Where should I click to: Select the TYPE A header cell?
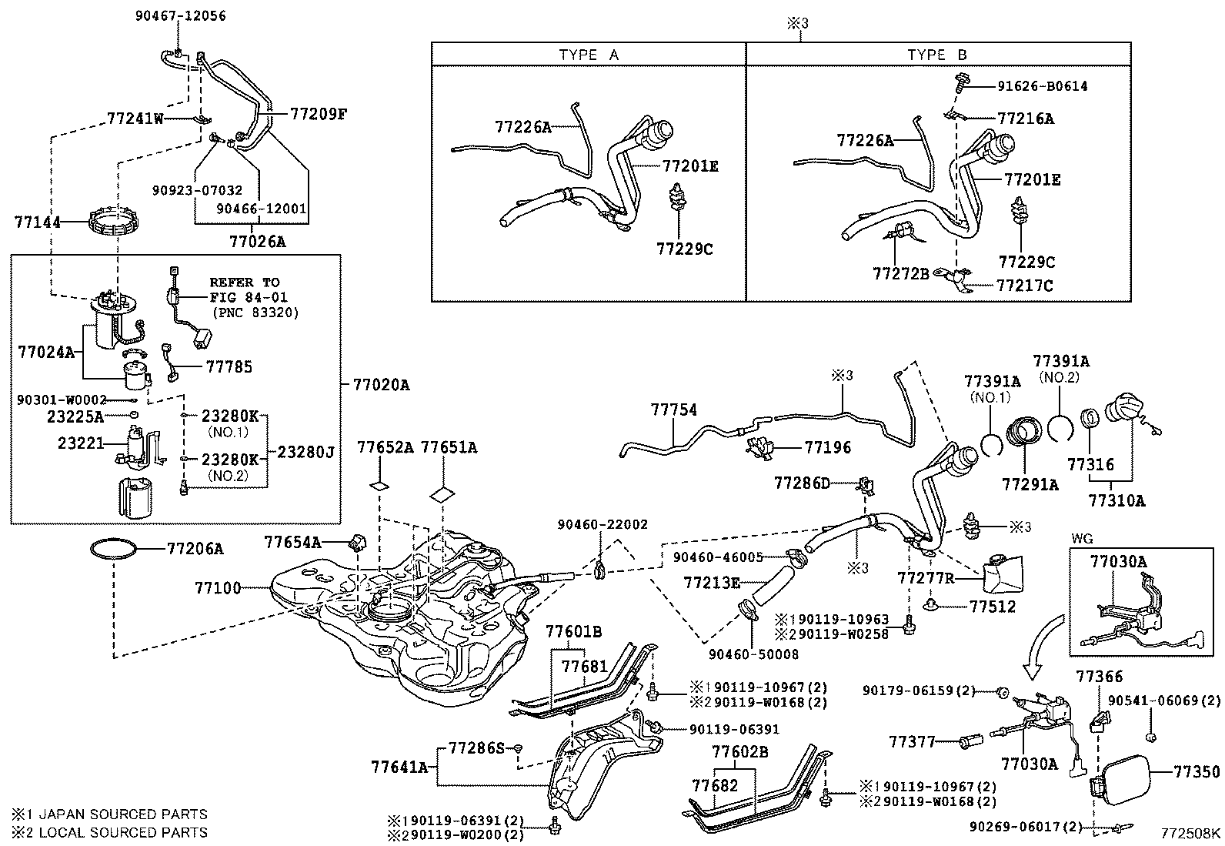(x=588, y=55)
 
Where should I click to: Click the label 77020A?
(x=381, y=384)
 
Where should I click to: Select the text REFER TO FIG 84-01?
(x=245, y=289)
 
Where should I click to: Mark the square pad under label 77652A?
(x=379, y=487)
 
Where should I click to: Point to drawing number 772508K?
(x=1190, y=833)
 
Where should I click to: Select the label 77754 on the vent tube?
(x=673, y=410)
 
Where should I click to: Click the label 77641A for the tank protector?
(x=399, y=767)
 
